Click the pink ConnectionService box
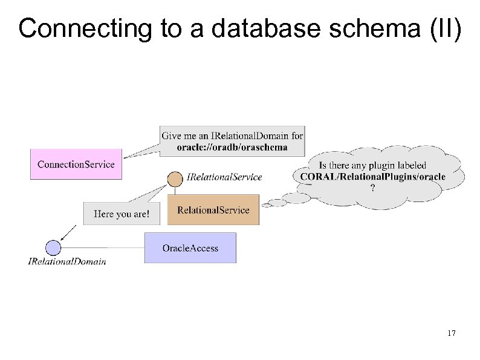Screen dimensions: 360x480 point(76,164)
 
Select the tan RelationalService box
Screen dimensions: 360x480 point(213,210)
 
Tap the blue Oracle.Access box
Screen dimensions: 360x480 point(190,247)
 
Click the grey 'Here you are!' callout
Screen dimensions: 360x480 point(122,214)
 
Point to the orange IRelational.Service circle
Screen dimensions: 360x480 point(175,178)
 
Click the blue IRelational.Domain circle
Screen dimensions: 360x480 point(53,247)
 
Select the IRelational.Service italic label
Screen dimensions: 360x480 point(224,177)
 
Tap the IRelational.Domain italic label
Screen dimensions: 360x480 point(67,261)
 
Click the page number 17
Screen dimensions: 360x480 point(450,333)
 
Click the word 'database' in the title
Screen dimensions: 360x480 point(240,28)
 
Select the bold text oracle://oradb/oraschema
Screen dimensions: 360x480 point(232,147)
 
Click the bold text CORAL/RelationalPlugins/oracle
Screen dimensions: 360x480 point(372,176)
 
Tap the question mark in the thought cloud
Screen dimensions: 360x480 point(372,188)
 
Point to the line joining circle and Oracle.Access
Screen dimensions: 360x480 point(103,247)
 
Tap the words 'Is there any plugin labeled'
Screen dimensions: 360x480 point(372,165)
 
